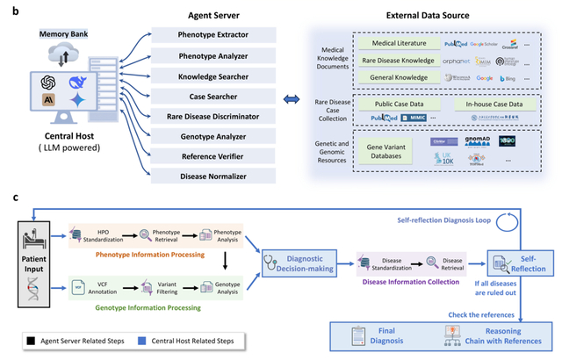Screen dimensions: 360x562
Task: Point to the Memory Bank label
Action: coord(62,33)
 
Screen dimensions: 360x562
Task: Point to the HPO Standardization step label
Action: coord(109,236)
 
